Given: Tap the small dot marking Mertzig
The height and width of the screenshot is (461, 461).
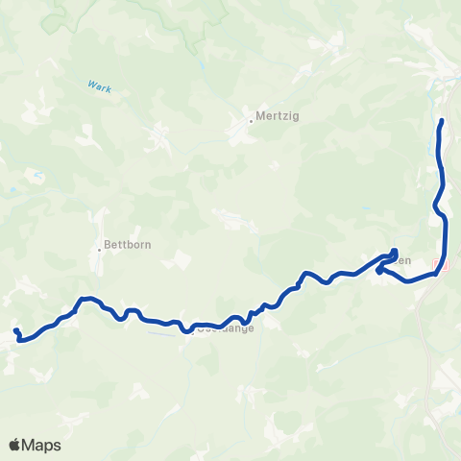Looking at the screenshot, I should [x=252, y=121].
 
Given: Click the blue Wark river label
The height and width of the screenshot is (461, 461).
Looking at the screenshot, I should [x=100, y=87].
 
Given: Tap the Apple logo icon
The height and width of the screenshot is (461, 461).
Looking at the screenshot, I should [x=15, y=445].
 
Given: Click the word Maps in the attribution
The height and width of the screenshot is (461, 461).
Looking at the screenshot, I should [x=42, y=445].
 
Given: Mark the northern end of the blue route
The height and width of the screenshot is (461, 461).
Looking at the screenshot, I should [x=442, y=121].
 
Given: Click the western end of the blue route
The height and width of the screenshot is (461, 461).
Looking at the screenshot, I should [x=16, y=331].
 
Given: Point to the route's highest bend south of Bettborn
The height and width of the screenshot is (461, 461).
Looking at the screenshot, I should [x=86, y=299].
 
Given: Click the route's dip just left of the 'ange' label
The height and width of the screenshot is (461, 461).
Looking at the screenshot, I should [x=186, y=330].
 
